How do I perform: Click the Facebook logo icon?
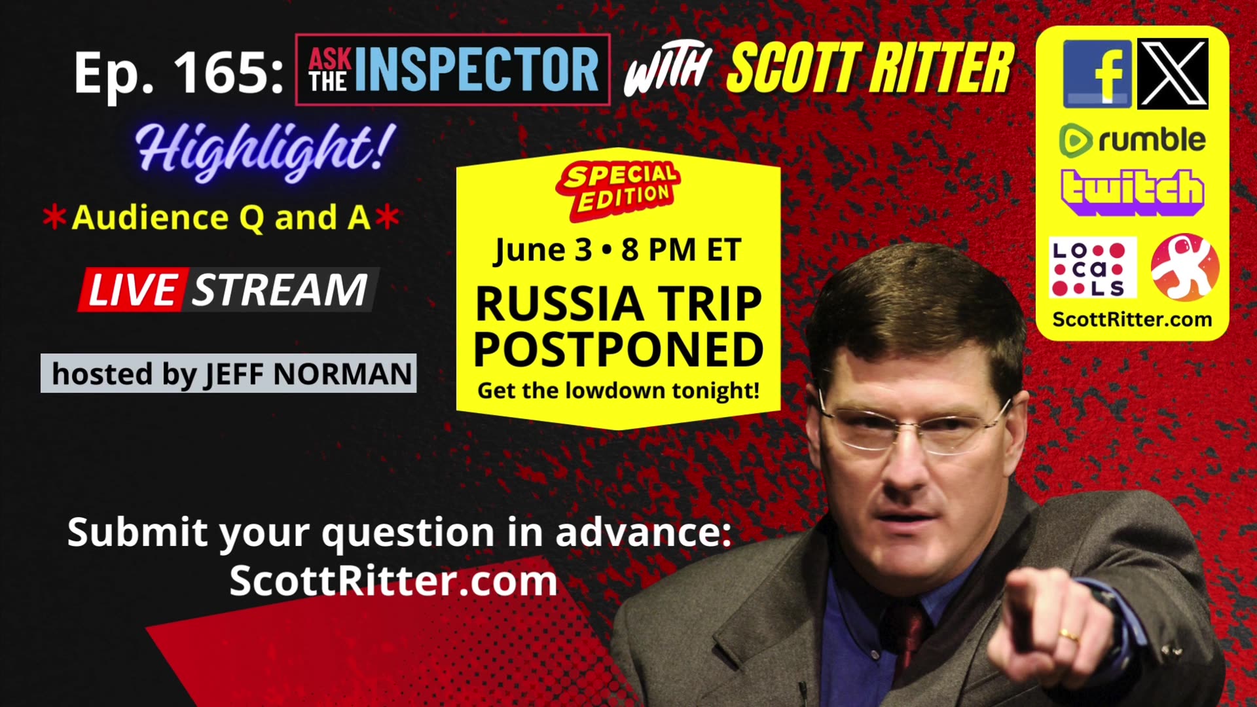1097,73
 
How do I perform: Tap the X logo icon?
1173,73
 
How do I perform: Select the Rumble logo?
1132,140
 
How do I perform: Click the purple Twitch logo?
1132,191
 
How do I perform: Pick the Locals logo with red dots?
1091,268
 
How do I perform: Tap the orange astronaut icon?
1185,267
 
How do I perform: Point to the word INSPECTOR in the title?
477,69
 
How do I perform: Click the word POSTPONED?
618,350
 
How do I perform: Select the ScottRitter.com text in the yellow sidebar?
1132,319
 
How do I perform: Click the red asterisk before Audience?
54,217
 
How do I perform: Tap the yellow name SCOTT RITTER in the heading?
871,69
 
